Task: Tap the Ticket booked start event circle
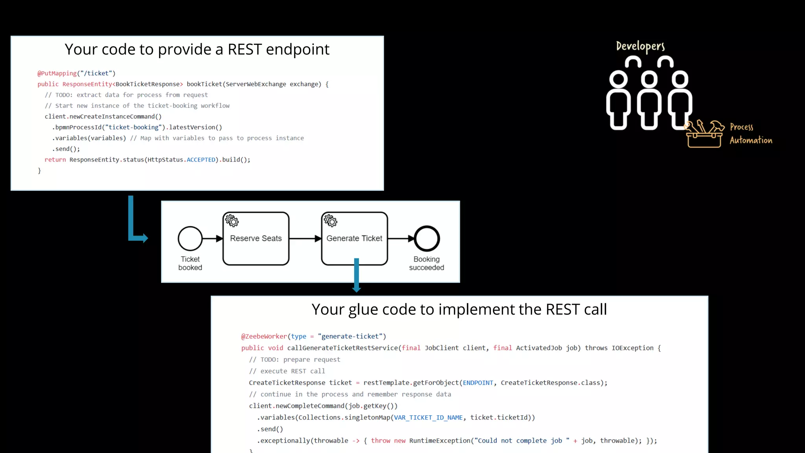pos(190,239)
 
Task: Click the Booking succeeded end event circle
pos(426,239)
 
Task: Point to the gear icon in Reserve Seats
pos(232,221)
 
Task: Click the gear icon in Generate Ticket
pos(331,221)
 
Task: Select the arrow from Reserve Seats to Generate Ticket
pos(305,239)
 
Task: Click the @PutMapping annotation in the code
pos(57,74)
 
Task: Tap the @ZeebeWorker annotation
pos(264,337)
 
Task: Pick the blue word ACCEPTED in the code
pos(201,160)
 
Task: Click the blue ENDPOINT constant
pos(478,383)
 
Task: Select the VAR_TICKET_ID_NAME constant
pos(428,418)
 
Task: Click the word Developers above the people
pos(640,46)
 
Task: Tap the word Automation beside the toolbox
pos(751,140)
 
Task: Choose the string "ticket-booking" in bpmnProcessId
pos(134,127)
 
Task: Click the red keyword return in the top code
pos(55,160)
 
